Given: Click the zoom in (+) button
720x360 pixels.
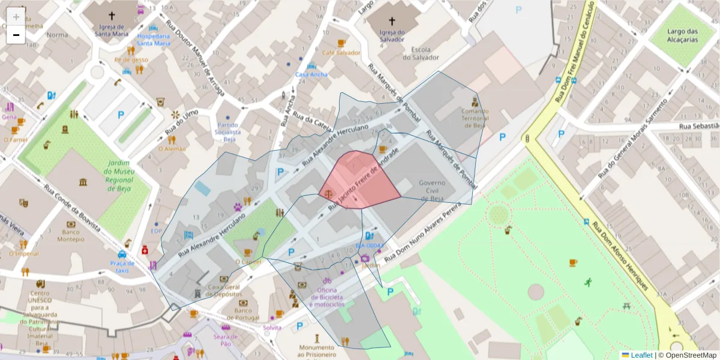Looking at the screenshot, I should click(16, 17).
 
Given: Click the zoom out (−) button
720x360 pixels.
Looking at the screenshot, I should click(16, 35).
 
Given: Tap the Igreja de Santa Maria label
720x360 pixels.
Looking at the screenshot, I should click(112, 30).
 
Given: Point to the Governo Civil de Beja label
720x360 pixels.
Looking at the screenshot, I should click(431, 190).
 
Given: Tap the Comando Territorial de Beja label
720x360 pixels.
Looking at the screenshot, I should click(475, 118).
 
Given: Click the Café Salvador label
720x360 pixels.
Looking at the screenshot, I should click(341, 53).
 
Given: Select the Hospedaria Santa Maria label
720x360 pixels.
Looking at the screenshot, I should click(153, 40).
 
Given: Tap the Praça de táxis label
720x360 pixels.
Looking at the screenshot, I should click(122, 267).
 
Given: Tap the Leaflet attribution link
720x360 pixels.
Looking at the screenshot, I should click(641, 355).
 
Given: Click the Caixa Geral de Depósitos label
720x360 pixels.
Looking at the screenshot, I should click(223, 290).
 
